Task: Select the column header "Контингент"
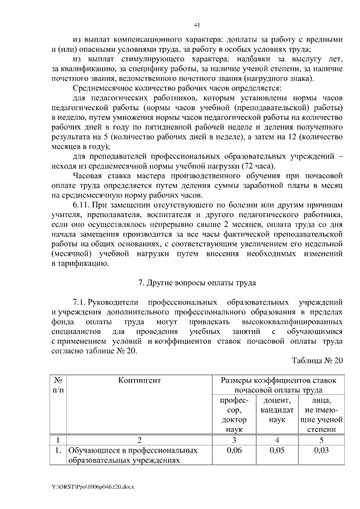pos(139,381)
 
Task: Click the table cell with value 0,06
pos(233,451)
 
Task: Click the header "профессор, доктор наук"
pos(233,415)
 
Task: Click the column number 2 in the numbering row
pos(139,440)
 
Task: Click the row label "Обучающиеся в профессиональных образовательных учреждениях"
pos(133,456)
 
